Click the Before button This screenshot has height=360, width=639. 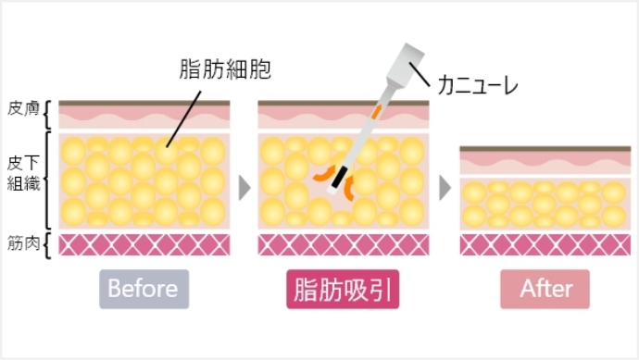tap(143, 289)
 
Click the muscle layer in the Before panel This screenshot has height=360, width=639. tap(144, 244)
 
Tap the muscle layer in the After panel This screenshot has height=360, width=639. tap(545, 244)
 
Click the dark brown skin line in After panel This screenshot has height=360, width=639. tap(545, 148)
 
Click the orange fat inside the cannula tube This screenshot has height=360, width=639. tap(377, 113)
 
